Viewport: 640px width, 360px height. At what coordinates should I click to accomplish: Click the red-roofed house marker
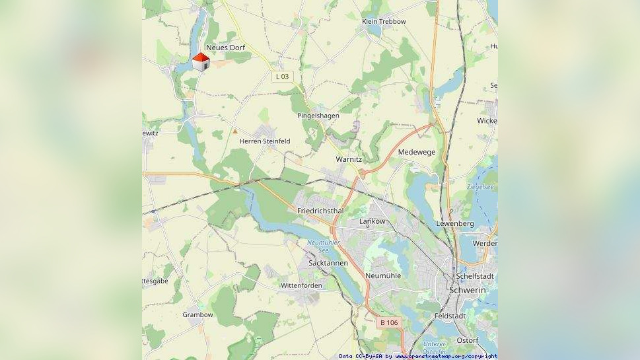tap(201, 62)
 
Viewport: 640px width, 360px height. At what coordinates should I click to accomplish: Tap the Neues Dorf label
tap(225, 48)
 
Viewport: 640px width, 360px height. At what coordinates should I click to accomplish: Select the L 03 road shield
tap(281, 77)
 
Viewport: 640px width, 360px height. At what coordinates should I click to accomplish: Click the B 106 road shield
tap(389, 322)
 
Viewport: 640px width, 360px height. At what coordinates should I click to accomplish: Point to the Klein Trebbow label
tap(384, 22)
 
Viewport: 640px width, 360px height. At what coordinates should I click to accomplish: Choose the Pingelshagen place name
tap(318, 116)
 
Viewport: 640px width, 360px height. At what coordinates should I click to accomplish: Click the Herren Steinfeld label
tap(264, 141)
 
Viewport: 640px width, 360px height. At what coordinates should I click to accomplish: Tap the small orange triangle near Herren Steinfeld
tap(234, 131)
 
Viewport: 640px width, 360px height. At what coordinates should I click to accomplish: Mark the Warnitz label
tap(349, 159)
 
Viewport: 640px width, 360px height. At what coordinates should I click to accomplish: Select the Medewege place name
tap(417, 152)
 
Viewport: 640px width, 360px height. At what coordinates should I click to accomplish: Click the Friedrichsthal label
tap(320, 211)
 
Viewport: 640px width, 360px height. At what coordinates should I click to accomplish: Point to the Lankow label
tap(372, 221)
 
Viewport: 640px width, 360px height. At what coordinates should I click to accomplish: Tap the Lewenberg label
tap(454, 224)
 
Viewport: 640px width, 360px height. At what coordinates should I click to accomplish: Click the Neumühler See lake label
tap(323, 246)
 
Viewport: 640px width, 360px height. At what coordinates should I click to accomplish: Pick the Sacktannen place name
tap(328, 263)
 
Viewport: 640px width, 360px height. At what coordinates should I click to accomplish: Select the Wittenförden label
tap(301, 285)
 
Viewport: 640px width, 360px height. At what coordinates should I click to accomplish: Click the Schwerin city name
tap(467, 290)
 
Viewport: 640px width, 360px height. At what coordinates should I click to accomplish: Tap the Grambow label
tap(197, 315)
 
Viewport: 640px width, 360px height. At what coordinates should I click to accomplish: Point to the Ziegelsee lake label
tap(480, 187)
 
